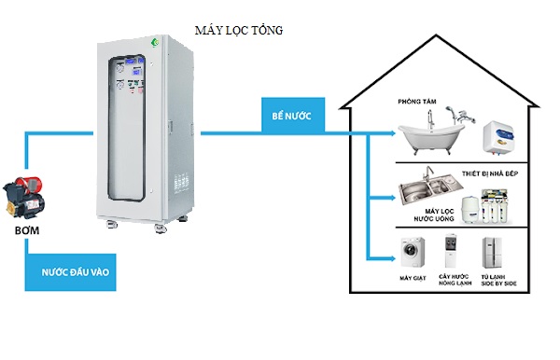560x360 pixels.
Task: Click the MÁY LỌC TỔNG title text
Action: click(239, 31)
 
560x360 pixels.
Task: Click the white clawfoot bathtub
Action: click(430, 134)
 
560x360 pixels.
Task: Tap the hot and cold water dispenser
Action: click(452, 253)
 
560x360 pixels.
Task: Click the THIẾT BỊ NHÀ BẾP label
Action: click(491, 173)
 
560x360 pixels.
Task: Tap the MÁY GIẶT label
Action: click(412, 278)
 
